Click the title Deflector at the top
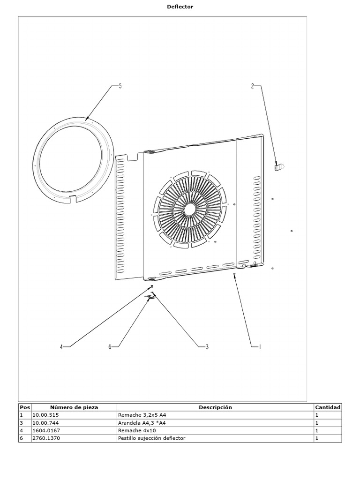point(180,7)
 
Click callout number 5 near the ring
point(120,86)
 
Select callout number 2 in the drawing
point(252,86)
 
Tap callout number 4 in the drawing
point(61,347)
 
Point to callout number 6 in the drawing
point(110,347)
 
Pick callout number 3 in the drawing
point(207,347)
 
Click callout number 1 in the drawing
point(259,347)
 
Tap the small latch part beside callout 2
point(280,166)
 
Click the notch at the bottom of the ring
point(74,199)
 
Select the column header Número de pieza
point(74,407)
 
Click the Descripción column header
point(215,407)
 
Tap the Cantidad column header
point(328,407)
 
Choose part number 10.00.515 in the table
point(46,415)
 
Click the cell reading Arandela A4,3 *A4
point(142,423)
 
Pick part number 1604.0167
point(46,430)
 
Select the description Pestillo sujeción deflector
point(151,438)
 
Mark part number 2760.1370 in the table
point(46,438)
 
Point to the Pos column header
point(25,407)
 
